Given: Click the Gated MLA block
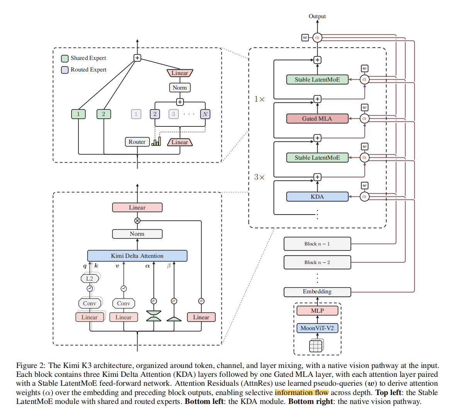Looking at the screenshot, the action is click(x=317, y=118).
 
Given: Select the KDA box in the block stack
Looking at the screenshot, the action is click(x=317, y=197).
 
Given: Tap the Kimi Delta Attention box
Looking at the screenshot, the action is click(x=137, y=255).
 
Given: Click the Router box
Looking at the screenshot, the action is click(x=137, y=142).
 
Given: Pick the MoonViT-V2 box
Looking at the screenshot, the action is click(x=317, y=328).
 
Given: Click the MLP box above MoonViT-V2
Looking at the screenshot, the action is click(x=317, y=311).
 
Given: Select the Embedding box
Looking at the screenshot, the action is click(x=317, y=292).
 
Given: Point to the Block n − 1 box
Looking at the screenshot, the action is click(x=317, y=244).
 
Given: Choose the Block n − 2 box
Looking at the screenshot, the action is click(x=317, y=262).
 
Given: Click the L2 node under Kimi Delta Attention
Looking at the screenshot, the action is click(x=90, y=279).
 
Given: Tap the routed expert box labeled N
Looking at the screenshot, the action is click(x=205, y=114).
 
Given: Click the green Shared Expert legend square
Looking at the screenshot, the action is click(x=65, y=58).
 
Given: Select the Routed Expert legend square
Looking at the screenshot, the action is click(x=65, y=70).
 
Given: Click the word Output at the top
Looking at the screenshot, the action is click(x=317, y=16).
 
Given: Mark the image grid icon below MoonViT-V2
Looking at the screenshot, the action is click(x=316, y=346).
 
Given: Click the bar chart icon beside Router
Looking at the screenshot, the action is click(x=156, y=141).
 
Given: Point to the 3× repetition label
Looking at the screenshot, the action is click(x=259, y=177).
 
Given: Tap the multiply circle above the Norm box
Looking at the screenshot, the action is click(x=137, y=221).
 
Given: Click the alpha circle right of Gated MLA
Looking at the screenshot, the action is click(x=364, y=118).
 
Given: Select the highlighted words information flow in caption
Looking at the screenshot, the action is click(x=301, y=393).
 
